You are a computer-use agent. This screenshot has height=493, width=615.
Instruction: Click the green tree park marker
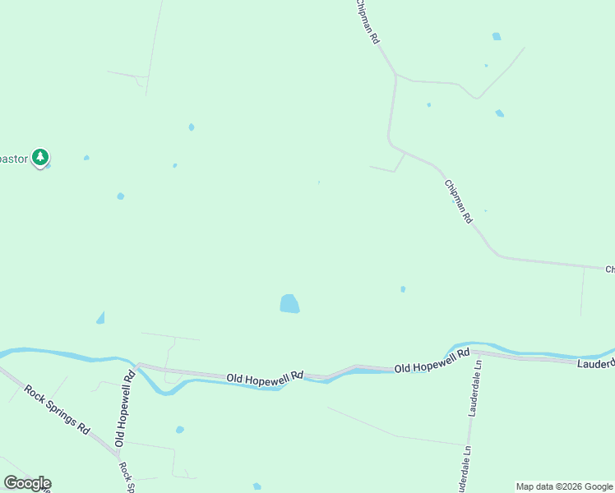(40, 157)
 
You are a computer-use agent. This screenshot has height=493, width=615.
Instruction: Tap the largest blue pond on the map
(289, 304)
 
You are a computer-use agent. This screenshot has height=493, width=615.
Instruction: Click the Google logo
(27, 483)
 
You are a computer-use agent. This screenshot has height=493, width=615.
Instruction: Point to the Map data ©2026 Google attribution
(564, 486)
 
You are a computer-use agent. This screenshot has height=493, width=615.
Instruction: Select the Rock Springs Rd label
(57, 410)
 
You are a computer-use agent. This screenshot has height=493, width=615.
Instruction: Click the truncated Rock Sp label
(126, 477)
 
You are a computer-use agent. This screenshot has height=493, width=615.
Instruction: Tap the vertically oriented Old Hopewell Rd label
(124, 409)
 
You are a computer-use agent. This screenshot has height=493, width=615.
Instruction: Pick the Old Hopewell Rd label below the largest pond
(264, 376)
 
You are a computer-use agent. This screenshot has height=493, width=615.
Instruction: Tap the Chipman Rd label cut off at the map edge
(367, 22)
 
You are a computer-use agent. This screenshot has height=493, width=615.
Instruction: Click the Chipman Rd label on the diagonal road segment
(459, 202)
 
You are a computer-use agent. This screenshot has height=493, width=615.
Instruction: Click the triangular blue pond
(100, 318)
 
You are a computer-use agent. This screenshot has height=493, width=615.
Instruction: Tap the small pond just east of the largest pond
(403, 289)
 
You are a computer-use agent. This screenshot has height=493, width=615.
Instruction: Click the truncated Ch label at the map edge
(610, 270)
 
